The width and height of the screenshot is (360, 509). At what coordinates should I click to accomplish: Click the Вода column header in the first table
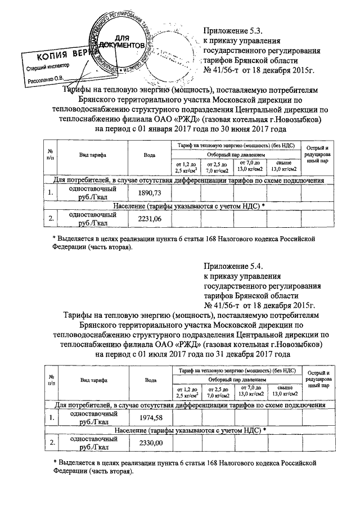[150, 155]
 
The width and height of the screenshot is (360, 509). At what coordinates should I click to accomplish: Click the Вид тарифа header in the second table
[94, 380]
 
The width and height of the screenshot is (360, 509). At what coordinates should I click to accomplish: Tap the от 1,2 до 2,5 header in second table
[187, 391]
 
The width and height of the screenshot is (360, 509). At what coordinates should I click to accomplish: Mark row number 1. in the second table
[51, 417]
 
